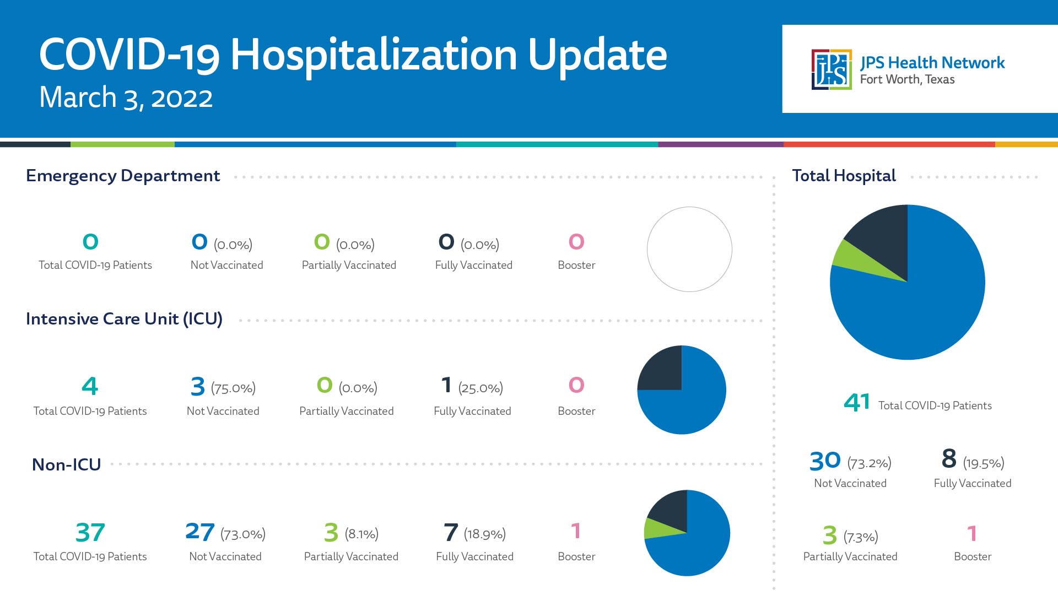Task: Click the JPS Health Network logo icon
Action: point(832,69)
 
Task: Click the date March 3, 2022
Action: point(126,98)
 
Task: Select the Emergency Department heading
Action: point(123,176)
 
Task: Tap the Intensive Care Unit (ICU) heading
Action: point(125,319)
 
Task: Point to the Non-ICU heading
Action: point(67,464)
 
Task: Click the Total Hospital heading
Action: point(844,176)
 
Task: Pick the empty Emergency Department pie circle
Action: point(689,207)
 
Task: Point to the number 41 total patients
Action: point(857,402)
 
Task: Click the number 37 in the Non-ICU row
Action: point(90,532)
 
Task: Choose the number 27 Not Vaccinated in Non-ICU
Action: point(199,532)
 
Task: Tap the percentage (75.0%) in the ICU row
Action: point(233,388)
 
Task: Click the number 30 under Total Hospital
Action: point(825,461)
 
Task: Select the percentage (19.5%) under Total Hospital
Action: point(984,463)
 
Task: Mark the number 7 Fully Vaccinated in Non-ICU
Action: point(451,532)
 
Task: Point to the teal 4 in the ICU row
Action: point(90,386)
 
